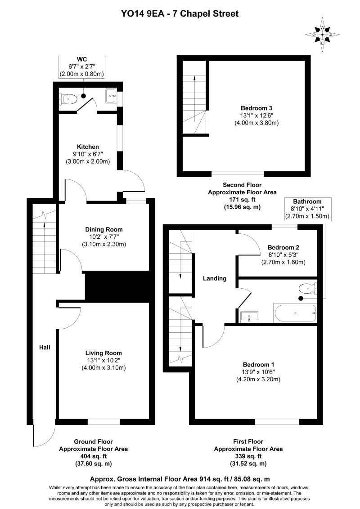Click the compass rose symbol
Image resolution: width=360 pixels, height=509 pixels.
[x=322, y=35]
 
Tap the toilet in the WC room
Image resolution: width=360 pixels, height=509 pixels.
[x=68, y=98]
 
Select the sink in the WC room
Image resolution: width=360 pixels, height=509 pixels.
[x=111, y=96]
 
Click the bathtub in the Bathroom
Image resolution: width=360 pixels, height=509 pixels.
[x=295, y=313]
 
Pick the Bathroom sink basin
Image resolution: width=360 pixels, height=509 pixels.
[x=249, y=317]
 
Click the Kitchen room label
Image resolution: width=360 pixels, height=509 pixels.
[x=88, y=147]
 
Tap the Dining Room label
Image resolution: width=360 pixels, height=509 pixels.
[x=104, y=229]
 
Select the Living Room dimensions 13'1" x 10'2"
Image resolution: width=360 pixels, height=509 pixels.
[x=103, y=360]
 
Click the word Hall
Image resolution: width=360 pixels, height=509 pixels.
[x=45, y=347]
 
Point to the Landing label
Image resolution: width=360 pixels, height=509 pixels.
[x=215, y=278]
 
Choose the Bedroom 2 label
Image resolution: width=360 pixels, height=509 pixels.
[x=283, y=247]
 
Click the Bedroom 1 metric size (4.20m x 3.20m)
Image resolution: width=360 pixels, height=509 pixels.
[x=258, y=379]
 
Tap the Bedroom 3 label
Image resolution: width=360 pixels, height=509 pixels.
[x=256, y=108]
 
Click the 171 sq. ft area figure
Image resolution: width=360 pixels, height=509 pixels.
[x=242, y=200]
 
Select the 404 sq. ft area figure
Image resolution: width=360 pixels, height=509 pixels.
[x=93, y=456]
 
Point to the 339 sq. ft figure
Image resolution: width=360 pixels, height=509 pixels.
[x=248, y=456]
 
